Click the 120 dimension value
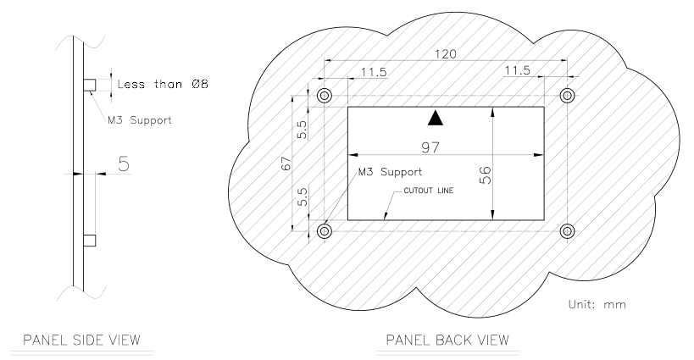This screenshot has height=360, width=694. click(445, 54)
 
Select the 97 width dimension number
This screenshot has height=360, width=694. click(430, 147)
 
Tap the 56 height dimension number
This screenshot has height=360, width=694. click(485, 175)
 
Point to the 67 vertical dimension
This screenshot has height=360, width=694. click(286, 163)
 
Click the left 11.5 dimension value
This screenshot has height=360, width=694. click(374, 72)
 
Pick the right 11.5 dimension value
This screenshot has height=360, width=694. click(517, 70)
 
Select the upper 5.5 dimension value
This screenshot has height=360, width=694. click(302, 130)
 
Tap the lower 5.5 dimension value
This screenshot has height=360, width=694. click(302, 197)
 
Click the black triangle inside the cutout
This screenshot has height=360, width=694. click(436, 118)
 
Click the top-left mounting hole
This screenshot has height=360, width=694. click(325, 95)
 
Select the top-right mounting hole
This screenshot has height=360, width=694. click(567, 95)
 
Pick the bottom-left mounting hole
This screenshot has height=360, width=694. click(325, 231)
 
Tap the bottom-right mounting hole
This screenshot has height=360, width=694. click(567, 231)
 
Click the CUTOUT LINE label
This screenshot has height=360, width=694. click(429, 191)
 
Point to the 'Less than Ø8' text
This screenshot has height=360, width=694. click(163, 84)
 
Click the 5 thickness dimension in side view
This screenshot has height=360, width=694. click(124, 164)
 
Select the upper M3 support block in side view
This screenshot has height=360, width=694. click(90, 85)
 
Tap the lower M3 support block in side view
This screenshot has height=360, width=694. click(90, 241)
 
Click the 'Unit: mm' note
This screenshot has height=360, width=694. click(597, 304)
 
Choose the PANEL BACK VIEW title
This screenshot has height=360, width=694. click(447, 341)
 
